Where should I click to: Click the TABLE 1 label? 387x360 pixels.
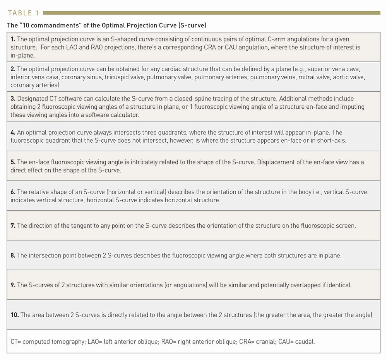pos(23,13)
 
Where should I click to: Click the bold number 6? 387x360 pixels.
pos(13,192)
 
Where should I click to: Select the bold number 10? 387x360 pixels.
pos(15,315)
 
